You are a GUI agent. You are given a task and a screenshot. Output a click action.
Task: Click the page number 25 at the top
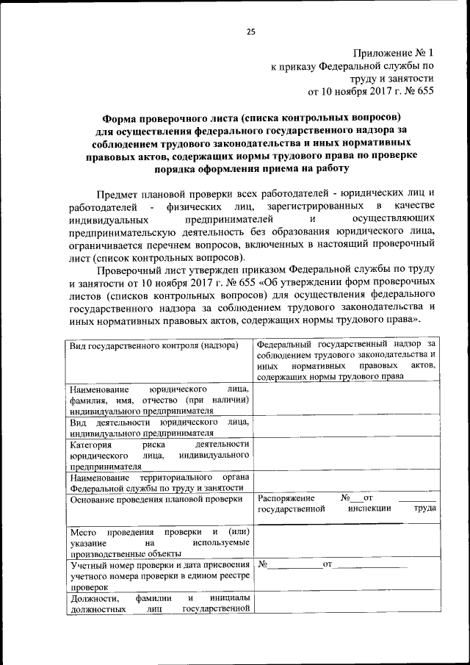coord(250,32)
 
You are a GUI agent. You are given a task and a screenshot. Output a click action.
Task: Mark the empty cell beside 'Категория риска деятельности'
coord(347,456)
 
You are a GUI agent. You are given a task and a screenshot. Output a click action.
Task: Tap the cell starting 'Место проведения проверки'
coord(158,542)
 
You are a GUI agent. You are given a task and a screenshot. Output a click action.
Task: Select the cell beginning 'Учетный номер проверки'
coord(158,575)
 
